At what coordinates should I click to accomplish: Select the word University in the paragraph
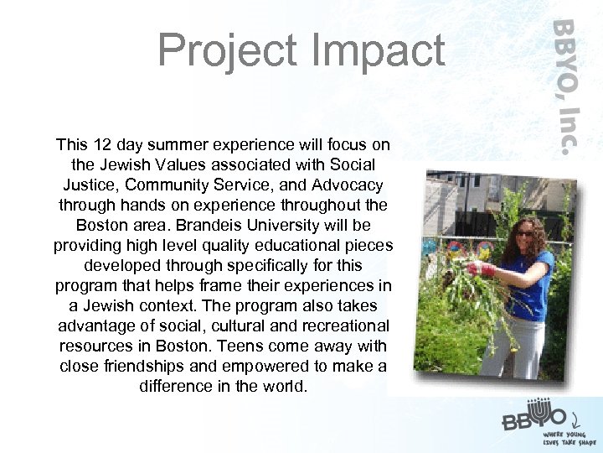click(283, 226)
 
